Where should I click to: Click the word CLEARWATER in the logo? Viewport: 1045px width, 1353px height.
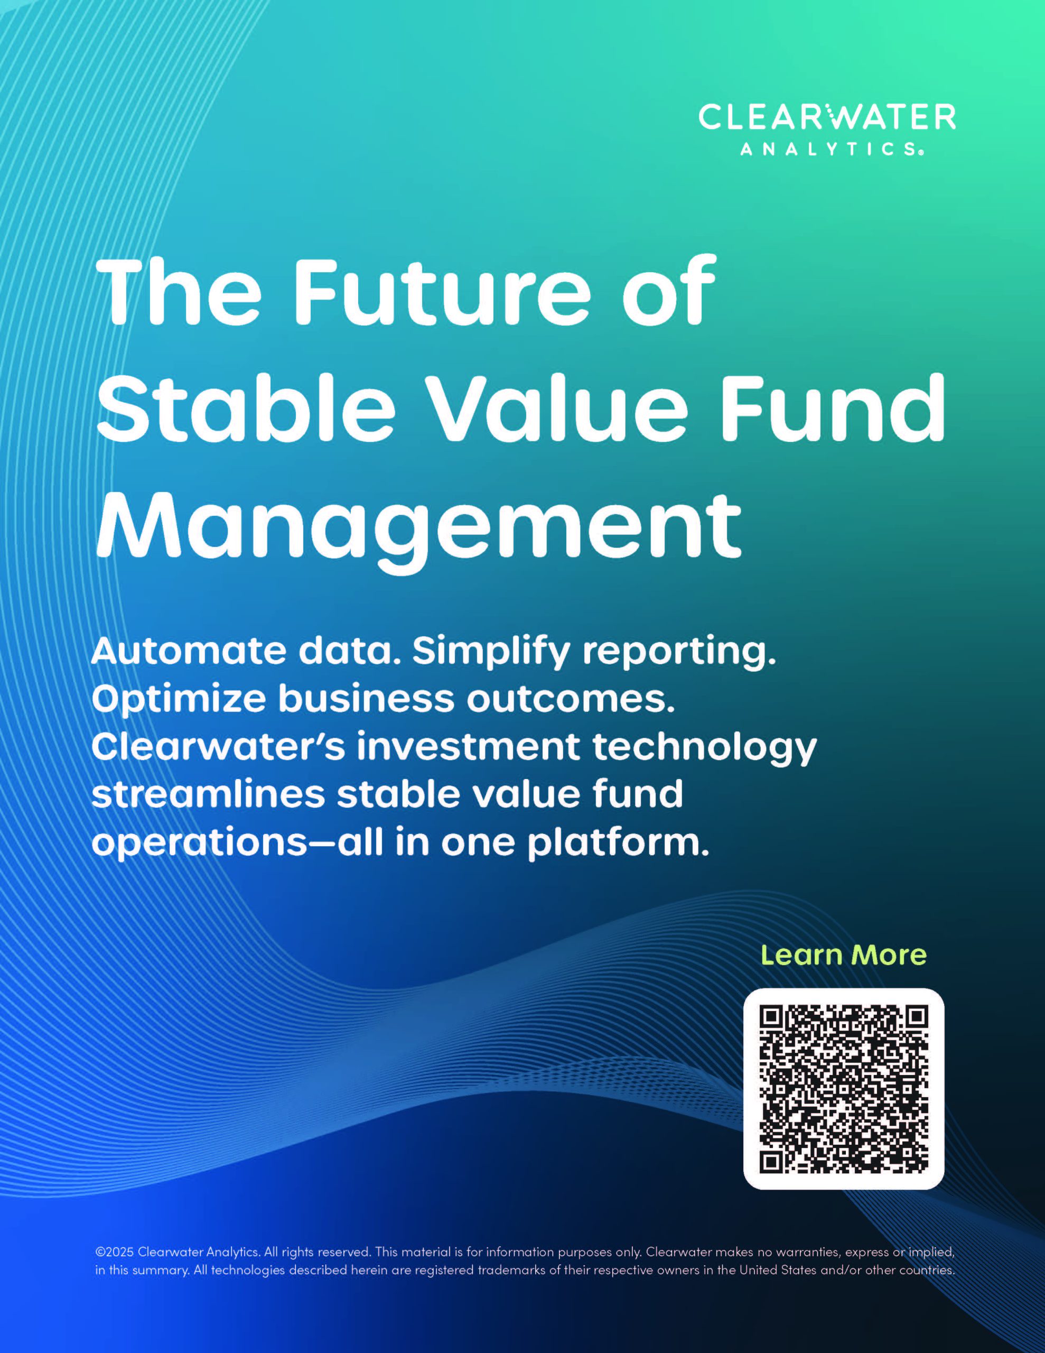[827, 117]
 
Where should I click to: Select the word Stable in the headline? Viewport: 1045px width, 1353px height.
[245, 407]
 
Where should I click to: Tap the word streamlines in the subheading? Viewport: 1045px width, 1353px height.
[208, 794]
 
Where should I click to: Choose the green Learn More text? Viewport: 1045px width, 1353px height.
[844, 954]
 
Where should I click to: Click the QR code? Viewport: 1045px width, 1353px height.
[844, 1088]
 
